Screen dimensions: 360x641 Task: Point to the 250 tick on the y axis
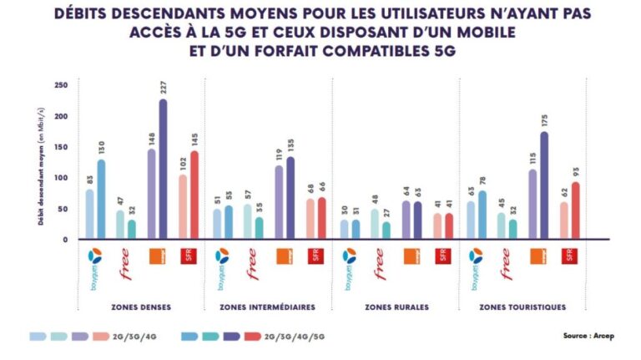click(x=61, y=85)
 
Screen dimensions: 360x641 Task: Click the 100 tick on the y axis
click(x=61, y=178)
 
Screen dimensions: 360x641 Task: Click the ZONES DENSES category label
click(x=141, y=307)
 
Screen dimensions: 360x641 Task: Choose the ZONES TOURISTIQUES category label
click(x=523, y=307)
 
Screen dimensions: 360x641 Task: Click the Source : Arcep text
click(x=589, y=337)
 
